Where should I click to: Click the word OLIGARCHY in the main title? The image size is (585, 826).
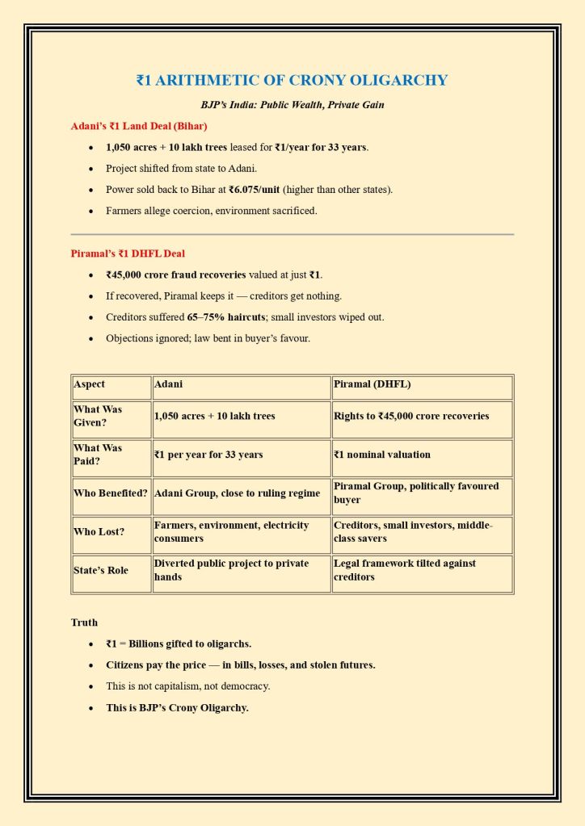tap(396, 80)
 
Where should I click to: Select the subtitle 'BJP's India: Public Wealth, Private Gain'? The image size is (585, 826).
tap(292, 105)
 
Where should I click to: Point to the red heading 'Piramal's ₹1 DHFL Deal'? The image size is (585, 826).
tap(128, 254)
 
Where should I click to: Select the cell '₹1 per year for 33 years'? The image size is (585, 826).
tap(208, 455)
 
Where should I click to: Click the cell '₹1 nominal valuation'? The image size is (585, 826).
tap(382, 455)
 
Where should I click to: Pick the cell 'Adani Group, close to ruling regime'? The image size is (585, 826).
tap(237, 493)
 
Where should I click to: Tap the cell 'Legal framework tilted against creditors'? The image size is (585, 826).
tap(404, 570)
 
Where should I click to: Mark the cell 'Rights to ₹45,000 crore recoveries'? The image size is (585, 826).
tap(410, 416)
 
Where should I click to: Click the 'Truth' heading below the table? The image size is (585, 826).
tap(85, 623)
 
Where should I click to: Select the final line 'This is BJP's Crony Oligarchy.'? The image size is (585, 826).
tap(177, 708)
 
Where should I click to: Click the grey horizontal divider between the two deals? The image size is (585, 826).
tap(292, 234)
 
